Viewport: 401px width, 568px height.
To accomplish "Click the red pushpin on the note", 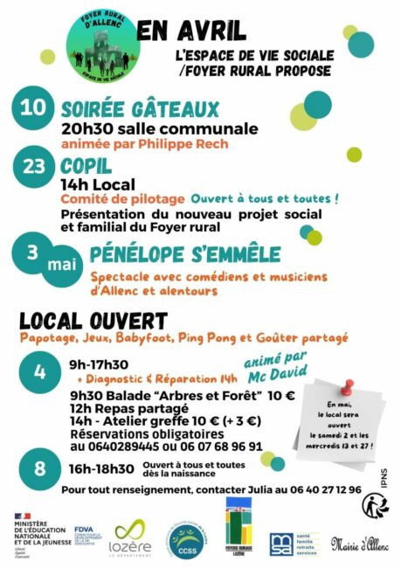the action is (x=348, y=387).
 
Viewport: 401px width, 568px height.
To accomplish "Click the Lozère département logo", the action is (x=132, y=535).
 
